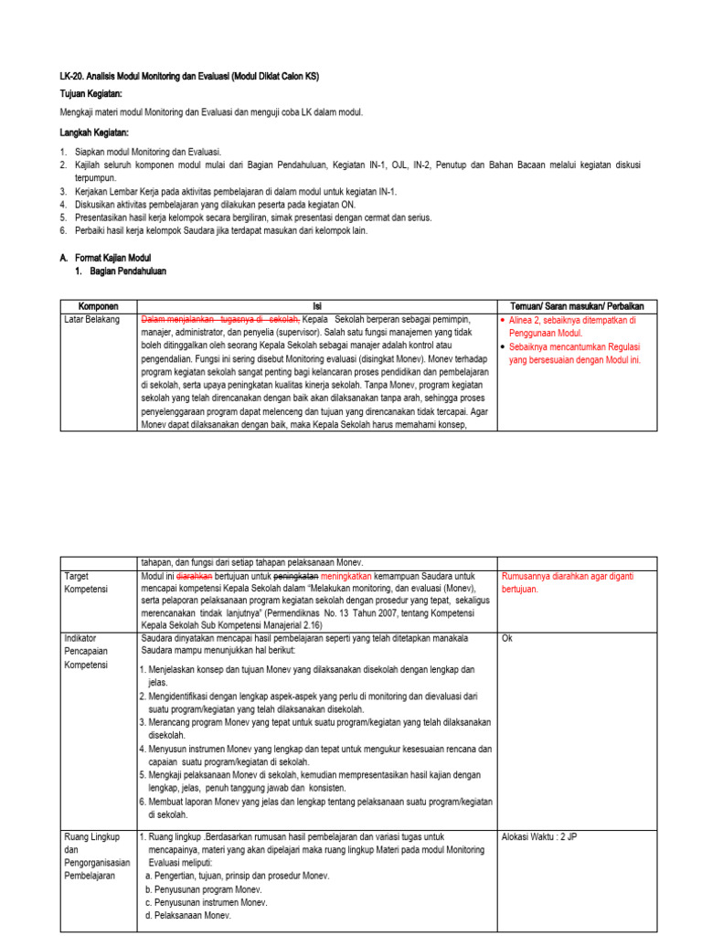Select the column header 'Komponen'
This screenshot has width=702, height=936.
pos(99,305)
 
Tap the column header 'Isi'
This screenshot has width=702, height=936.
pos(317,305)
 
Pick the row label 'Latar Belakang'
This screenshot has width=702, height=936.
pos(92,320)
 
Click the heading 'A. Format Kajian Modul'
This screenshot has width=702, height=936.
pos(105,259)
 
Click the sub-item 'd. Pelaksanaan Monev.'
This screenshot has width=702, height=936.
pos(188,916)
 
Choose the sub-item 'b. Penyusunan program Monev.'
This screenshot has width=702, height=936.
pos(203,889)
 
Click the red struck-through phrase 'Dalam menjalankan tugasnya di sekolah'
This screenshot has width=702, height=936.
pos(219,320)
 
